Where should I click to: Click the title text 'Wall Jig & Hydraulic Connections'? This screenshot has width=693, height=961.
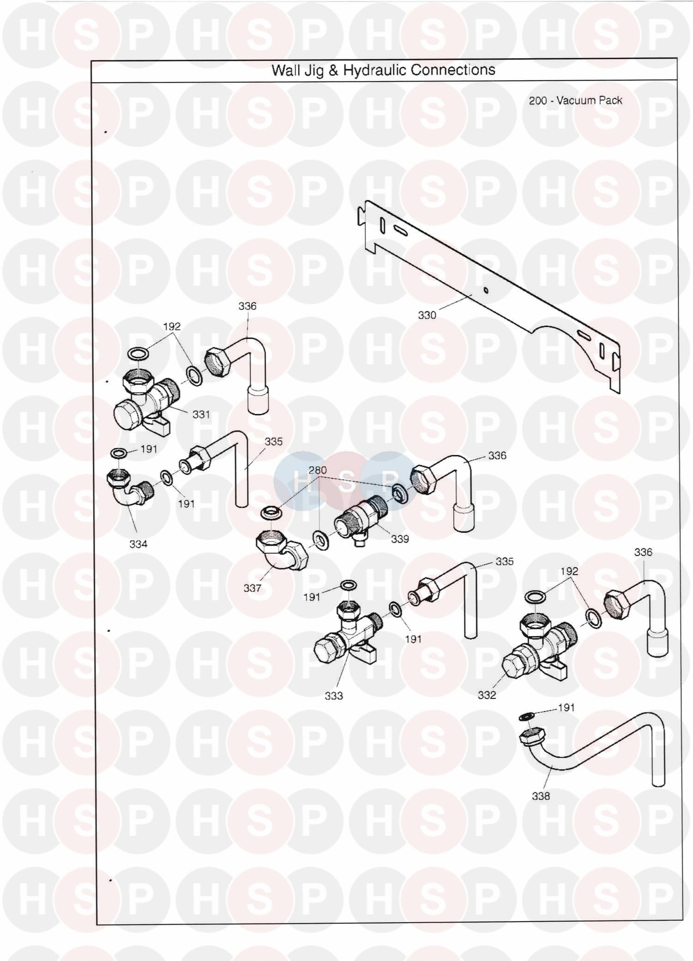point(383,70)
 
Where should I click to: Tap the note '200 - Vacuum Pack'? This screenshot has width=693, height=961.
point(575,100)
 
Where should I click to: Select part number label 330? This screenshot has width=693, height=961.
point(427,315)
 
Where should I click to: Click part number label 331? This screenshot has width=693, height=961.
point(201,414)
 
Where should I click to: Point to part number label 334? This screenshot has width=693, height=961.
point(138,544)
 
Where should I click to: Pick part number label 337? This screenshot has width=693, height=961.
point(252,588)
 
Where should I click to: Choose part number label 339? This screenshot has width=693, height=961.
point(400,539)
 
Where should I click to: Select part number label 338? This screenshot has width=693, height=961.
point(541,796)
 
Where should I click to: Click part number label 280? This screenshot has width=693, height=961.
point(317,470)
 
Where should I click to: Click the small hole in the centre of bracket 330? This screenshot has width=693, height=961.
point(486,290)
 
